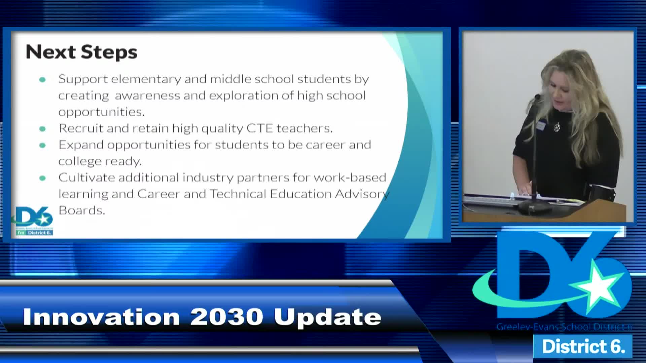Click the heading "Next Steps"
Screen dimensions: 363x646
82,52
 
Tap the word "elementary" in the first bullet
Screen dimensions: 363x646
146,79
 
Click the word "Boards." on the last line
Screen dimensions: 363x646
82,210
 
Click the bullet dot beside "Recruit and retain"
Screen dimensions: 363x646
42,129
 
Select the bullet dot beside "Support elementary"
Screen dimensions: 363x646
42,80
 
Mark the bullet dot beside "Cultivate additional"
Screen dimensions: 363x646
42,178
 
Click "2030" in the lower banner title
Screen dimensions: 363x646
226,317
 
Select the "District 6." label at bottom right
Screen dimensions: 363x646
583,346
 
